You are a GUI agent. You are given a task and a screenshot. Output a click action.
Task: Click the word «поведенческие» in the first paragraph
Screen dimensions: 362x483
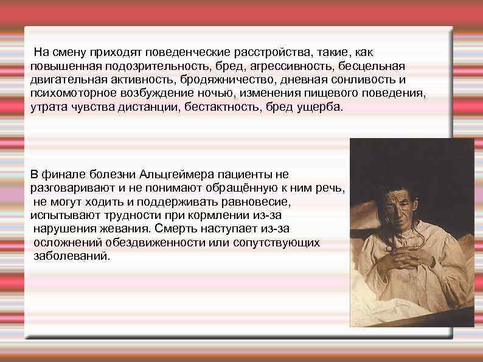coord(174,50)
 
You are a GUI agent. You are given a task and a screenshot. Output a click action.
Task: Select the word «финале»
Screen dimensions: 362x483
coord(62,174)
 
